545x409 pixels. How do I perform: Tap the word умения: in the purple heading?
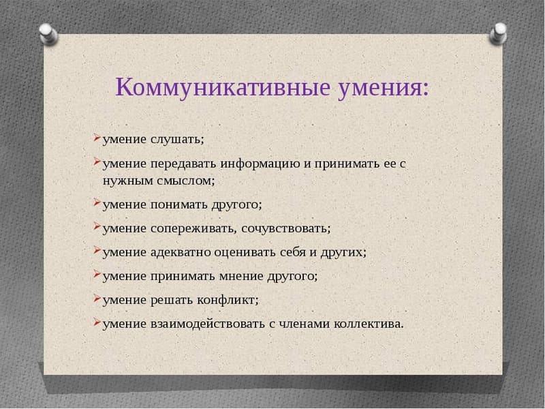[x=384, y=87]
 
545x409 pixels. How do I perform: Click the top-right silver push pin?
[x=499, y=32]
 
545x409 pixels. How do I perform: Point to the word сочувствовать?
[x=286, y=228]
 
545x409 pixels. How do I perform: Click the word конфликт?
[x=228, y=299]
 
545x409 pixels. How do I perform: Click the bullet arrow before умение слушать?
[x=97, y=139]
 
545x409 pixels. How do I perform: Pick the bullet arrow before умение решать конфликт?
[x=97, y=299]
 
